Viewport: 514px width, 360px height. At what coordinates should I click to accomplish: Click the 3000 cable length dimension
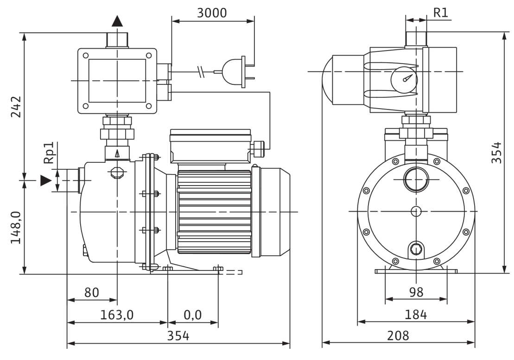click(x=212, y=13)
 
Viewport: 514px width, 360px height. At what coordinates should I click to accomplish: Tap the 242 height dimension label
click(x=16, y=107)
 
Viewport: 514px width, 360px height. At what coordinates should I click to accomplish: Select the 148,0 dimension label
click(x=16, y=227)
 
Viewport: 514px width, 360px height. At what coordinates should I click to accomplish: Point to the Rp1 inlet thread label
click(x=49, y=153)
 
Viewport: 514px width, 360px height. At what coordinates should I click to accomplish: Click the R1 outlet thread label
click(x=441, y=13)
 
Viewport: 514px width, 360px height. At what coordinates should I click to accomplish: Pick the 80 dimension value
click(x=92, y=292)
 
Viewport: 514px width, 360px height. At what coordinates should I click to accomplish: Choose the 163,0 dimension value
click(x=117, y=315)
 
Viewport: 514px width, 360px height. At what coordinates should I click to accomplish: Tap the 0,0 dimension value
click(x=193, y=315)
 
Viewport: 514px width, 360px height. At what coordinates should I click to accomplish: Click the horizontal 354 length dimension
click(x=178, y=336)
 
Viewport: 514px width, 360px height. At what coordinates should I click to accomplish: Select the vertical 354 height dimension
click(x=497, y=152)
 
